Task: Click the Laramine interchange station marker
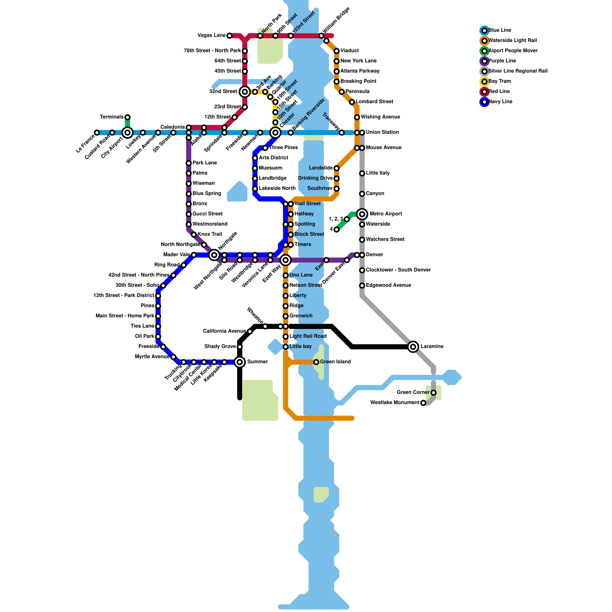413,347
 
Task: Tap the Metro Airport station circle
362,214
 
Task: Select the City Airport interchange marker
127,133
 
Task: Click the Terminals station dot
127,117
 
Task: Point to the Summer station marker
240,362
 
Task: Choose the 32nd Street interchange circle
245,92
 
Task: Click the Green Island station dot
316,362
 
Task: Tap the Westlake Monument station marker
423,403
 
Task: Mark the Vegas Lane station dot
229,36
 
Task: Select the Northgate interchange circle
214,255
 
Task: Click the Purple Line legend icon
484,61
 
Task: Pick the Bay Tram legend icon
484,81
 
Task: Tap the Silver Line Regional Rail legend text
518,71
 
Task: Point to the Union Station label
382,132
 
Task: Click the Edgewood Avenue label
388,285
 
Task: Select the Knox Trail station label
210,234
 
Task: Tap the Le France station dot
97,133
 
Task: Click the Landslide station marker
337,168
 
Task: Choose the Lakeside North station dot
255,189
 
